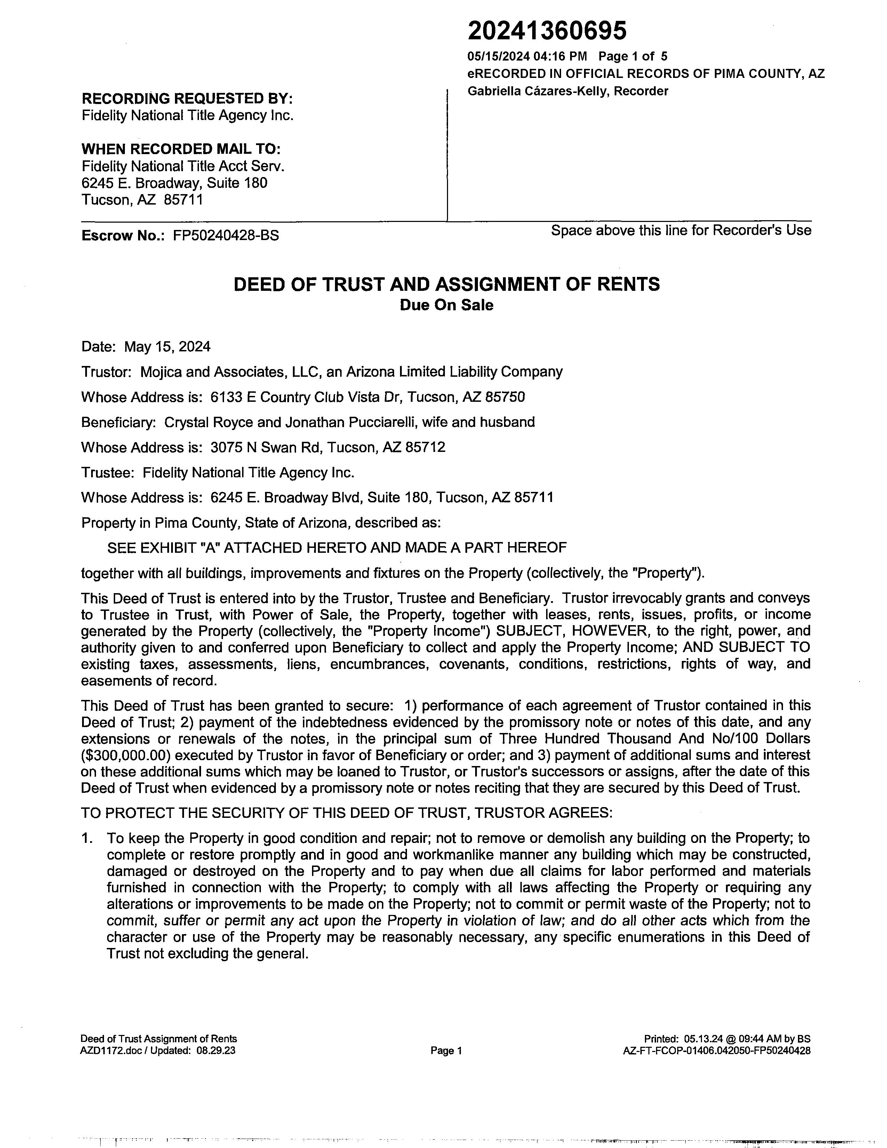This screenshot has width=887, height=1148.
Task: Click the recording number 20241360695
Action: click(547, 31)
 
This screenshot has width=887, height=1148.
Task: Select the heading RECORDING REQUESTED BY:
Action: click(187, 99)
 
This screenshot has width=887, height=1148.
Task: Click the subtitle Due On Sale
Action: click(446, 305)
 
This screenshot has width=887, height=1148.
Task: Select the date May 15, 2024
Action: click(167, 347)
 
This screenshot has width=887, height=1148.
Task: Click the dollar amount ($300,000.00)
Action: click(122, 755)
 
